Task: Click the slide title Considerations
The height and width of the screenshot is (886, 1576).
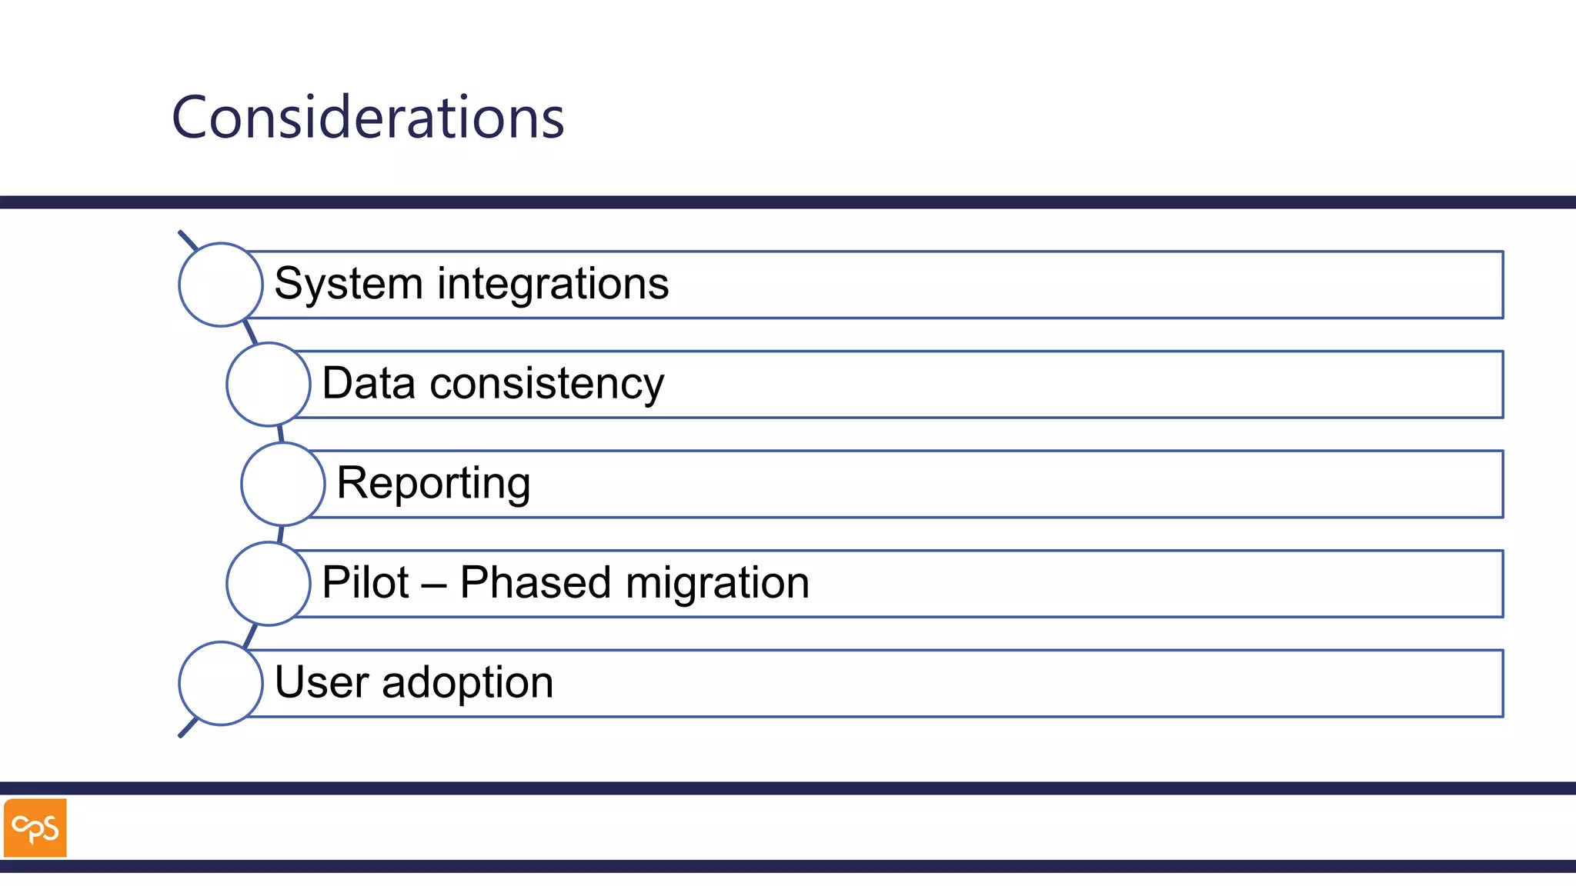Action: coord(368,118)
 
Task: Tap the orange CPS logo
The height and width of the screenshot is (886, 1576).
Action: coord(35,828)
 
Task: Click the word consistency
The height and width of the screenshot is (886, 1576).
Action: coord(546,385)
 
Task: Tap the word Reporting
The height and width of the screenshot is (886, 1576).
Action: coord(433,484)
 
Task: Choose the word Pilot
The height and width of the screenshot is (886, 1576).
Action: coord(365,582)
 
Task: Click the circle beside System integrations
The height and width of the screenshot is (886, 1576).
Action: coord(221,285)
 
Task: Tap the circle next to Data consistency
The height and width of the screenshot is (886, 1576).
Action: coord(269,384)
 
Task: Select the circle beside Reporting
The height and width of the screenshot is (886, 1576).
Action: coord(283,484)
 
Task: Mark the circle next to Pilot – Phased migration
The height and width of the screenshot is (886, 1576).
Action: coord(269,583)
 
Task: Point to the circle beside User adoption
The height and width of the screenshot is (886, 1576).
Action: coord(221,683)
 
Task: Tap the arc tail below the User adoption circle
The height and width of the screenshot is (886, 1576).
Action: coord(187,728)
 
